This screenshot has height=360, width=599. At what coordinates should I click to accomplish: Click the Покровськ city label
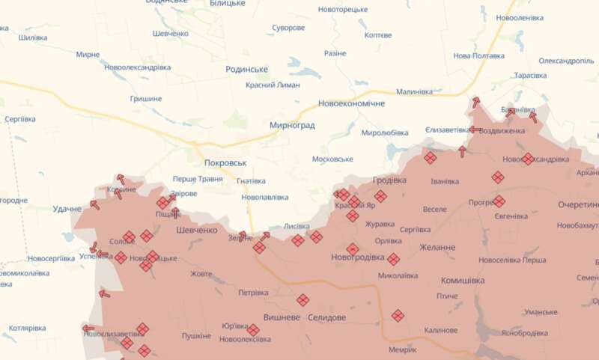click(x=225, y=162)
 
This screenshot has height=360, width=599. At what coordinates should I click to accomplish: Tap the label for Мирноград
click(x=292, y=126)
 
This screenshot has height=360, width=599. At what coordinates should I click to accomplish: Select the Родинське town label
click(x=246, y=69)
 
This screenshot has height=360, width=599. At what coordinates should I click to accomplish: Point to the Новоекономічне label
click(x=350, y=103)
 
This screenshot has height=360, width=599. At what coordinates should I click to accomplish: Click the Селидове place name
click(x=326, y=317)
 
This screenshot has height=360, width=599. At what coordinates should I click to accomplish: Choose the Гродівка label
click(x=389, y=180)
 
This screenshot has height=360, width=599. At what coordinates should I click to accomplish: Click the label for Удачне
click(x=67, y=208)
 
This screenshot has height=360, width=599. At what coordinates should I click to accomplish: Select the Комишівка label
click(x=460, y=280)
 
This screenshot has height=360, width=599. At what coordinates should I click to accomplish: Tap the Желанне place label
click(x=437, y=247)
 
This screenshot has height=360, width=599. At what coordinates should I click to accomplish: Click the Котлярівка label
click(x=28, y=328)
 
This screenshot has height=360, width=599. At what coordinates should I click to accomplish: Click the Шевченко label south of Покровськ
click(x=195, y=231)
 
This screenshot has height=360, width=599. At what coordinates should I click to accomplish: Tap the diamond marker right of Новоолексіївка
click(x=253, y=330)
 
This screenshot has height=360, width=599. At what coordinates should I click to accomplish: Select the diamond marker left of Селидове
click(x=302, y=300)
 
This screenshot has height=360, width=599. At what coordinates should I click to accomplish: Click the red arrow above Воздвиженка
click(x=475, y=102)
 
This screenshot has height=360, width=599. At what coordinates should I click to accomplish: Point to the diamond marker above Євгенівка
click(x=498, y=177)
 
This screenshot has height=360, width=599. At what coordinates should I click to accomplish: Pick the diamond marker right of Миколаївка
click(x=393, y=260)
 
